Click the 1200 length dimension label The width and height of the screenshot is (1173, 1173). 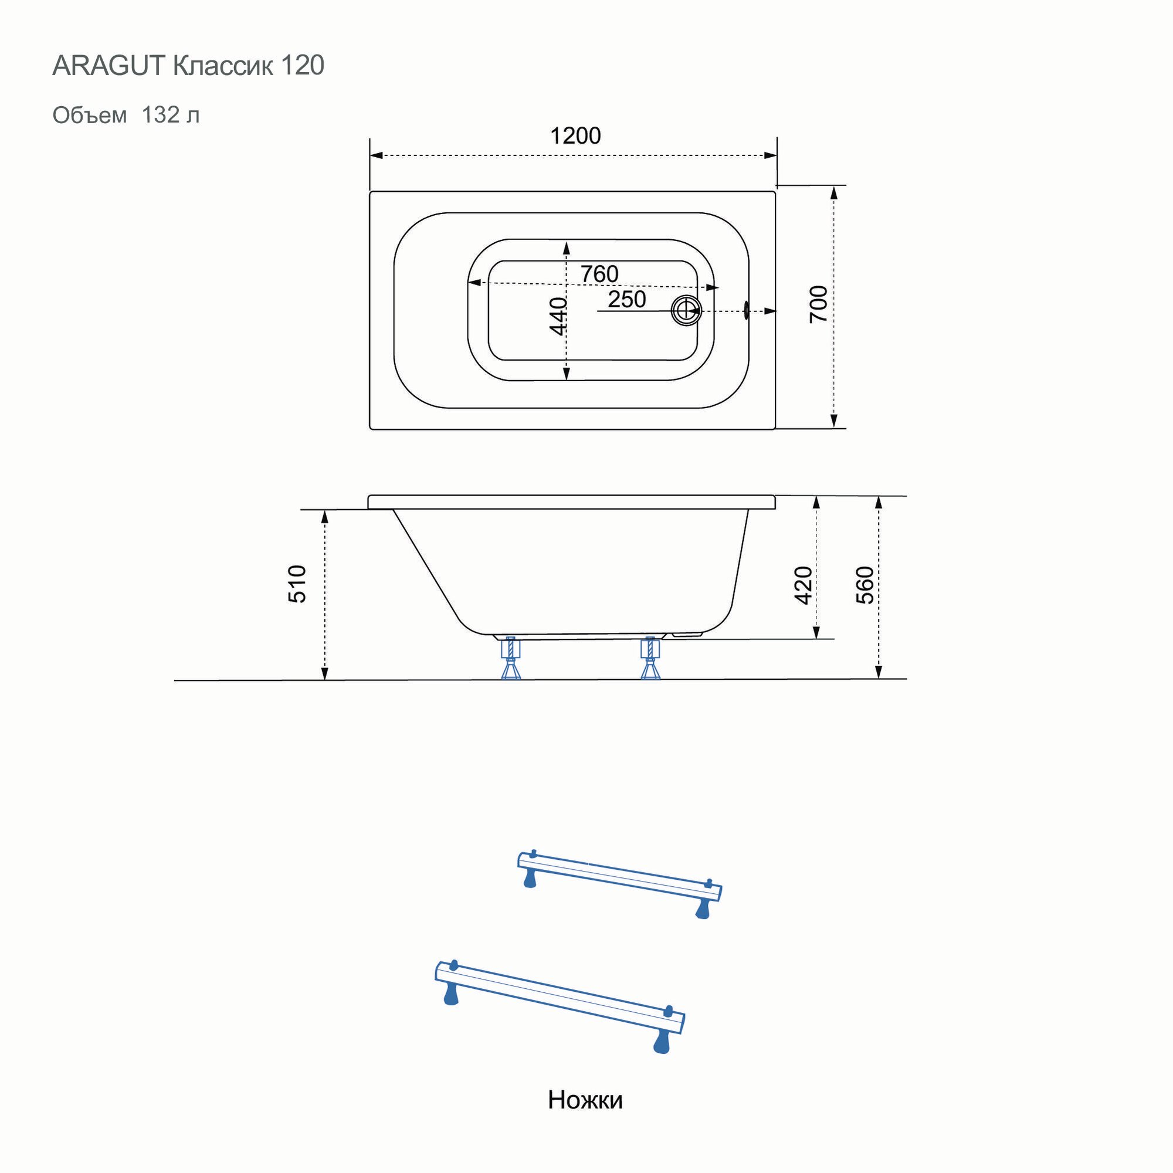(575, 135)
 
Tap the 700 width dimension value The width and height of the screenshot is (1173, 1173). (818, 304)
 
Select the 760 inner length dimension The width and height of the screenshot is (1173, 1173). (599, 274)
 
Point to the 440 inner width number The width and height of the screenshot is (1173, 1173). (558, 316)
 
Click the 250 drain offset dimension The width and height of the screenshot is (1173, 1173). (626, 299)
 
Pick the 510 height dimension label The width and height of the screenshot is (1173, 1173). (297, 584)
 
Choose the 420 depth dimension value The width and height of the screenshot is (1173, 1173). (803, 585)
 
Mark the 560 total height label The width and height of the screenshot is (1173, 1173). (865, 585)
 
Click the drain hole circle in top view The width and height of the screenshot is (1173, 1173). (686, 311)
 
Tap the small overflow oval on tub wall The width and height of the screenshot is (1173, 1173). (745, 311)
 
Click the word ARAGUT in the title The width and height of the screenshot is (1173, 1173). (109, 66)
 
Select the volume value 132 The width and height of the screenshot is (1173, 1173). (160, 115)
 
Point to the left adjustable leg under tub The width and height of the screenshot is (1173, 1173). (511, 659)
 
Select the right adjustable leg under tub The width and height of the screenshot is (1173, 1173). (650, 659)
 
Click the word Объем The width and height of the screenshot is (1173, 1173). (90, 115)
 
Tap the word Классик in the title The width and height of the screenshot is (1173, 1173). (223, 66)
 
